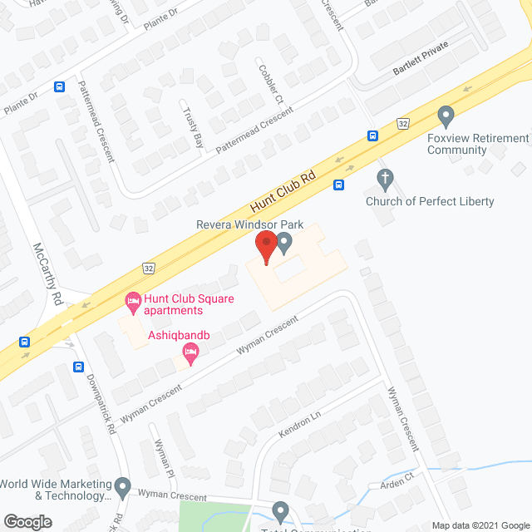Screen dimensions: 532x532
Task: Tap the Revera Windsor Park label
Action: [x=249, y=225]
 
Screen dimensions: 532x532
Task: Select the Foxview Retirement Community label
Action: [x=478, y=144]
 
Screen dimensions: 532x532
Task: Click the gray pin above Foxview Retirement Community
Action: [x=446, y=114]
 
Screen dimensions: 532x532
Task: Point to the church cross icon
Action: [x=384, y=177]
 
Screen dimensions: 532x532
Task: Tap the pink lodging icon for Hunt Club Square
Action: [x=132, y=299]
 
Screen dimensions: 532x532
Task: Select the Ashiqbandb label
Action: [x=177, y=336]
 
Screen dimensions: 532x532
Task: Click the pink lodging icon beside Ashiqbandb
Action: [x=190, y=355]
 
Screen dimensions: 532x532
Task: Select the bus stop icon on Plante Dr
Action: [x=60, y=86]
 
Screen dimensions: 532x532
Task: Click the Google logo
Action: [x=27, y=521]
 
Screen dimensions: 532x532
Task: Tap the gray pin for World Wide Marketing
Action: [x=123, y=485]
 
